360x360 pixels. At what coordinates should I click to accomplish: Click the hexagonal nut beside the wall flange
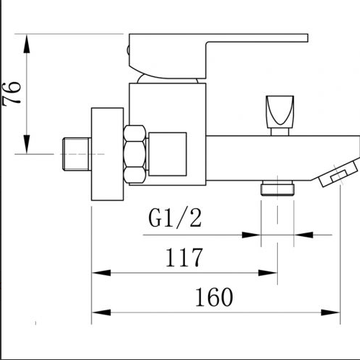click(134, 155)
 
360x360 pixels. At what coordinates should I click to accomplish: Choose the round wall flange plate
click(106, 156)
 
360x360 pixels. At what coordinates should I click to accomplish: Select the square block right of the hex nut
click(167, 153)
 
